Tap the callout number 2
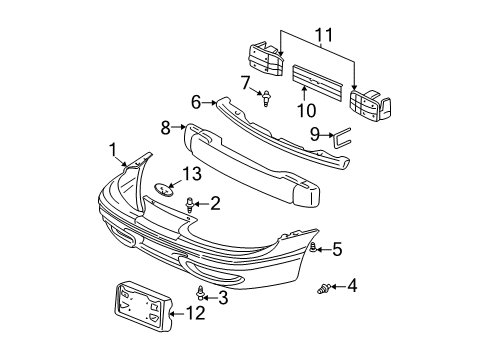[215, 203]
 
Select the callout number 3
[223, 297]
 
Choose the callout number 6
[196, 100]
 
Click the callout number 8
[165, 127]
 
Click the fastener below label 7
[268, 99]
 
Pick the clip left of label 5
[314, 246]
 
